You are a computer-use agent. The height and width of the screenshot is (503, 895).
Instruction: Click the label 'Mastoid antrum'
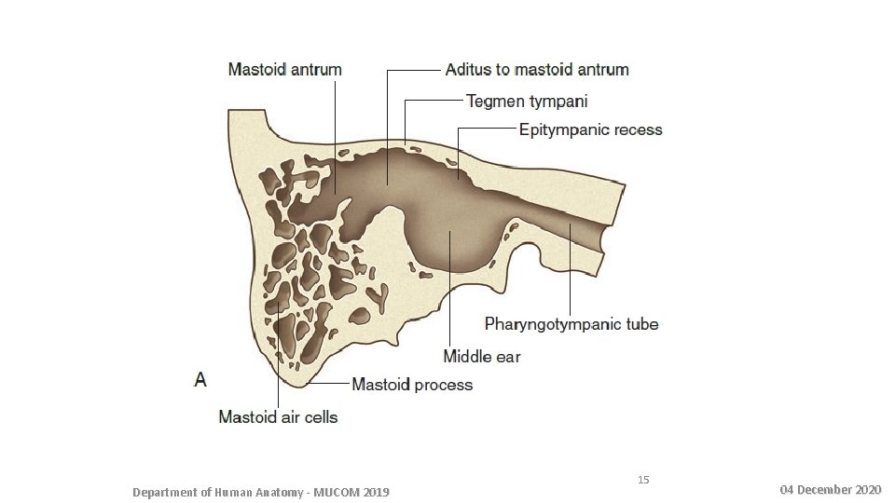pyautogui.click(x=285, y=70)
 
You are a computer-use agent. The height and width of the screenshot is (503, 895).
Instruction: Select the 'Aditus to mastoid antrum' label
pyautogui.click(x=537, y=70)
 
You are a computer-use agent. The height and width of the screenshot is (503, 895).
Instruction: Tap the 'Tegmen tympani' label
pyautogui.click(x=527, y=100)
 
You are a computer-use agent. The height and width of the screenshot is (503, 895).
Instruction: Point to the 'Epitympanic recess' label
pyautogui.click(x=590, y=129)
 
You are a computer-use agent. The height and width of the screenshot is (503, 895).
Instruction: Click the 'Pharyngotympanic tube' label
pyautogui.click(x=571, y=324)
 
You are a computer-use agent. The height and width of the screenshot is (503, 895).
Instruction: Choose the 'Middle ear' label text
pyautogui.click(x=481, y=356)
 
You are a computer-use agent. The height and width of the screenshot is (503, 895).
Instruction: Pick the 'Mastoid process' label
pyautogui.click(x=411, y=385)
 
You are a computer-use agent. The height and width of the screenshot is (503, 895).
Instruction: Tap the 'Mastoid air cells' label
pyautogui.click(x=278, y=416)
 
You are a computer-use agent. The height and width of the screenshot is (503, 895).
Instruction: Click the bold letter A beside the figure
pyautogui.click(x=200, y=379)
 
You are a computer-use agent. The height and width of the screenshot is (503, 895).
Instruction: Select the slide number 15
pyautogui.click(x=643, y=480)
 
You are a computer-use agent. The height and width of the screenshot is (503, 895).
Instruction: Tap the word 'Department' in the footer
pyautogui.click(x=165, y=491)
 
